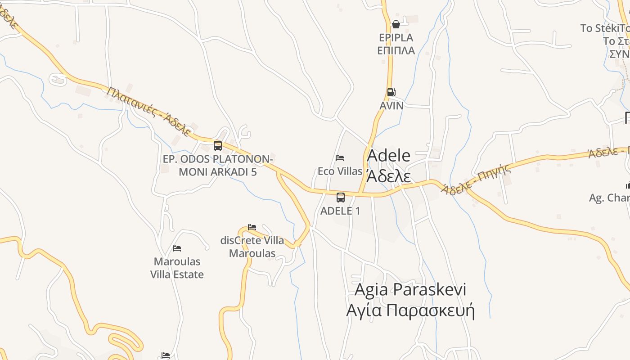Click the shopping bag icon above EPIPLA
pos(396,24)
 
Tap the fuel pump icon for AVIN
pos(391,92)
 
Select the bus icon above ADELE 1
pos(341,197)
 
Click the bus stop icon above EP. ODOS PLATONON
pos(218,145)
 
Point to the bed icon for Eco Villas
pos(340,158)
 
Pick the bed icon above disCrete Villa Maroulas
pos(252,227)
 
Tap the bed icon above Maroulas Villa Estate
pos(177,248)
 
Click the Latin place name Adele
pos(389,156)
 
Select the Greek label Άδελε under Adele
pos(389,175)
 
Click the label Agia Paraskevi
pos(410,289)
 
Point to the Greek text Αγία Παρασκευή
pos(410,310)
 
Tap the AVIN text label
pos(391,105)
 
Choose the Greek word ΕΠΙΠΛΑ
pos(396,50)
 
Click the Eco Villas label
pos(340,171)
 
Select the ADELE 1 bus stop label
pos(340,211)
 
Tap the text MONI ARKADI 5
pos(218,172)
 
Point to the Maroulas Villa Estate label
pos(177,268)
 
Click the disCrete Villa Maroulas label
pos(252,247)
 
